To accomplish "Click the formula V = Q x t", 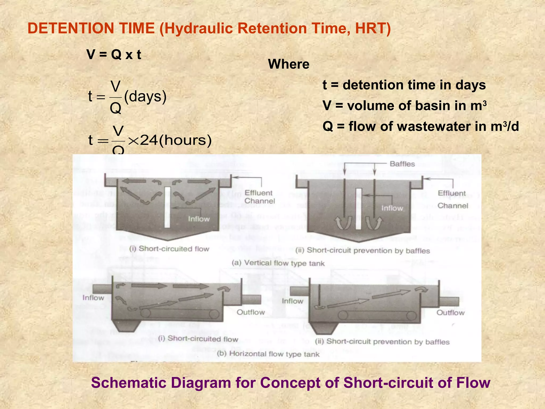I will point(114,55).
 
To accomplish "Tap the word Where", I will point(289,64).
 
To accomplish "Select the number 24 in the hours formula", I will point(149,140).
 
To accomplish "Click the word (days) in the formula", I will point(145,96).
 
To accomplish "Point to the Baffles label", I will point(402,164).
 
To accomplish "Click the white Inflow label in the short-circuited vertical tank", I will point(199,219).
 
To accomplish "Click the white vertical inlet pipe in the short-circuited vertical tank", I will point(167,207).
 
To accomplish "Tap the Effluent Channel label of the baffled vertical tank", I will point(453,199).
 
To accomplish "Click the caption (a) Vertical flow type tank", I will point(278,263).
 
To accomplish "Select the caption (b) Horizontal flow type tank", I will point(268,354).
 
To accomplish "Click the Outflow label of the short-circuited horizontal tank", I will point(251,312).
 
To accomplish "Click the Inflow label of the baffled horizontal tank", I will point(292,301).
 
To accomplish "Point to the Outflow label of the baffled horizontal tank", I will point(451,313).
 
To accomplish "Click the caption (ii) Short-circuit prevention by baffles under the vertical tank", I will point(363,251).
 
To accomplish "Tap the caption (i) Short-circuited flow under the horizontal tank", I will point(198,339).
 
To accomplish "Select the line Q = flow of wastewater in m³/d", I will point(420,126).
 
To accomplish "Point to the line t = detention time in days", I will point(404,85).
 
